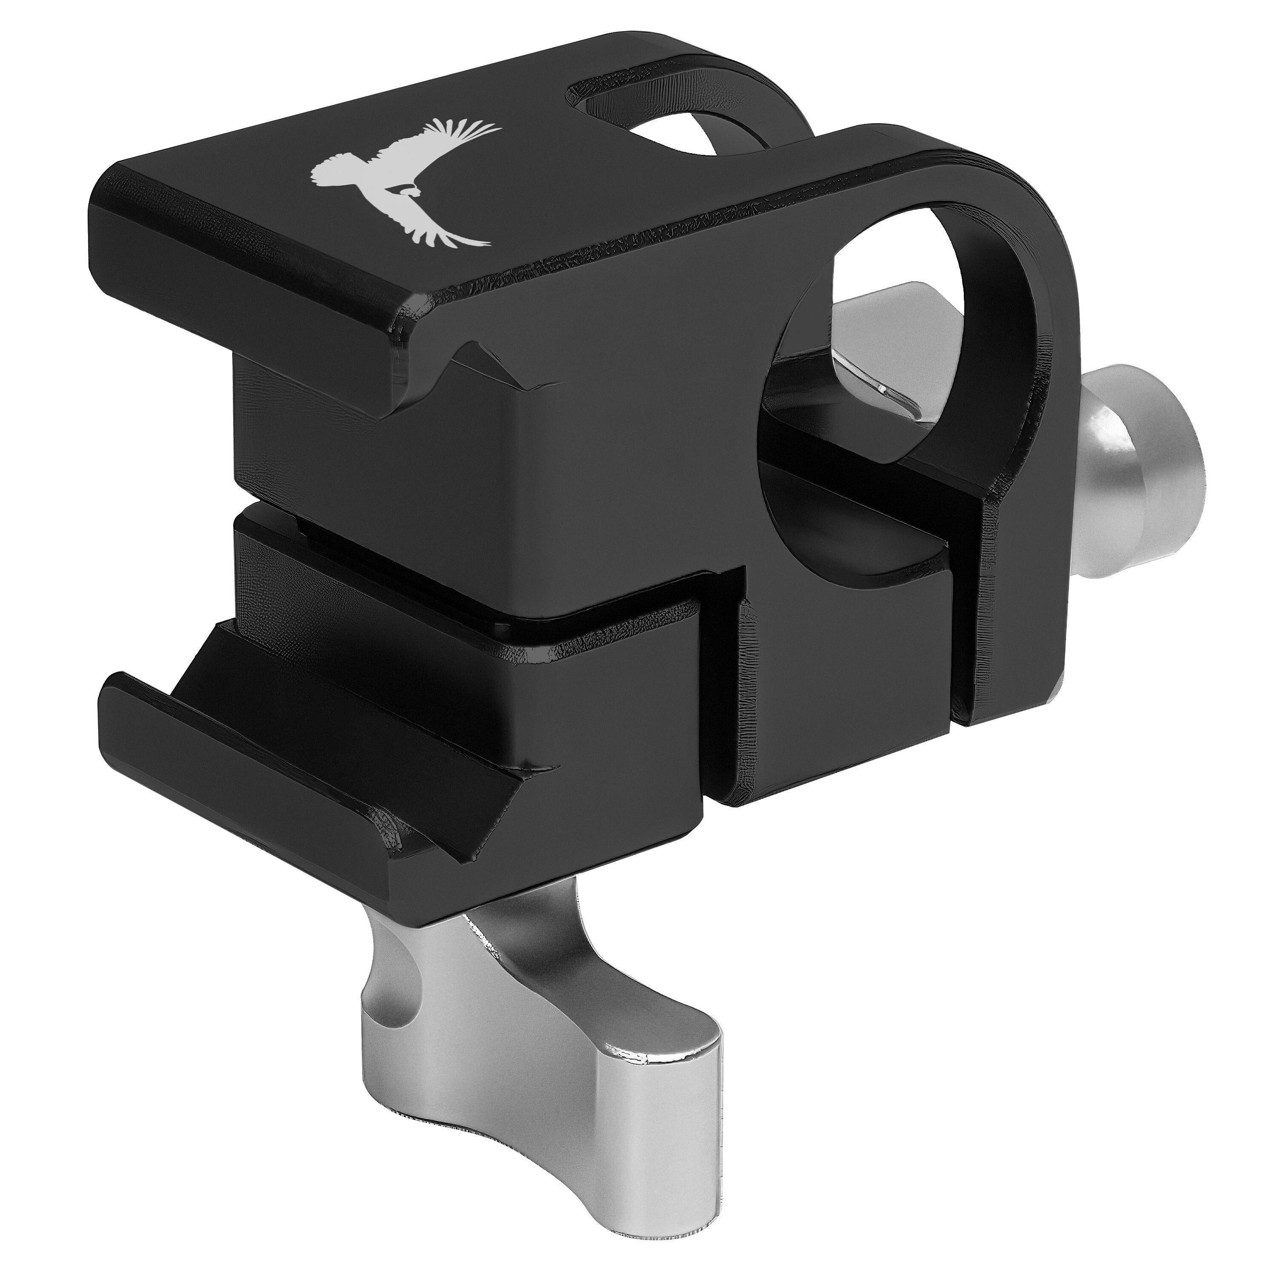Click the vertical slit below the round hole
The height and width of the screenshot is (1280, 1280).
[x=964, y=636]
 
